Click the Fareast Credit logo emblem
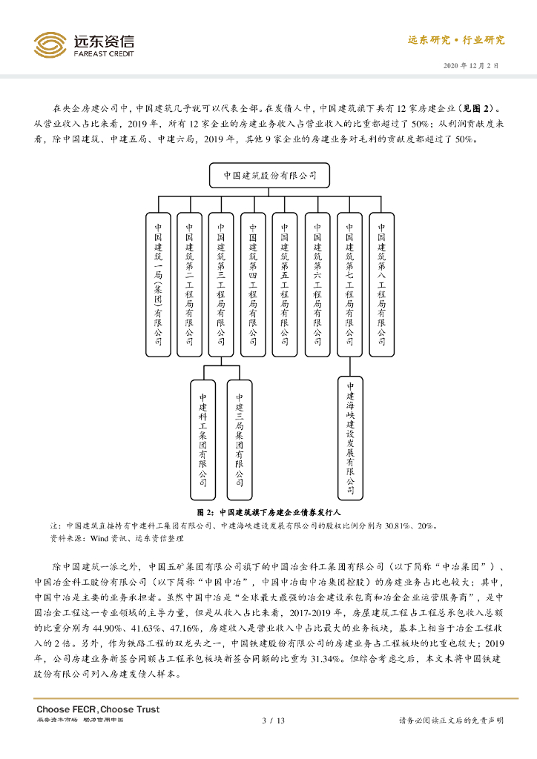tap(50, 45)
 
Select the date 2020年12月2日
tap(471, 65)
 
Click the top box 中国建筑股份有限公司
tap(269, 176)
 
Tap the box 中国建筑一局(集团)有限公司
tap(158, 285)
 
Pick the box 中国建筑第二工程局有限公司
tap(190, 285)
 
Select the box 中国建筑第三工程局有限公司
tap(222, 285)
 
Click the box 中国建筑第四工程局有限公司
tap(254, 285)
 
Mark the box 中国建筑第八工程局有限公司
tap(382, 285)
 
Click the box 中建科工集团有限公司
tap(203, 433)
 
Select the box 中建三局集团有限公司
tap(240, 433)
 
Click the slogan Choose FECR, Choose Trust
tap(98, 709)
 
